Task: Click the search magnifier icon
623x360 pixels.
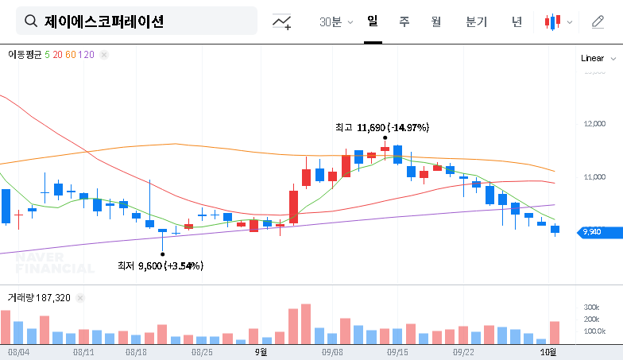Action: tap(31, 21)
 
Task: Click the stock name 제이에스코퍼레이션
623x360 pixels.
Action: tap(104, 21)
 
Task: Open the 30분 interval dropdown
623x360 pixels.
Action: tap(336, 22)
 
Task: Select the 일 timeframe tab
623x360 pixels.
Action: tap(373, 21)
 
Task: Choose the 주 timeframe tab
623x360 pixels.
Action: tap(404, 21)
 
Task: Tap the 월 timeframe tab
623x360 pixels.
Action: tap(436, 21)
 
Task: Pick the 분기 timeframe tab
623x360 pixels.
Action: tap(477, 21)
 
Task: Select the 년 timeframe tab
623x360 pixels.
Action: tap(517, 21)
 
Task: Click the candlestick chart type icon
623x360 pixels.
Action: tap(553, 21)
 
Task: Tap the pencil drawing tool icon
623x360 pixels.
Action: tap(598, 21)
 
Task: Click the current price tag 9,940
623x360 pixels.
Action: tap(592, 232)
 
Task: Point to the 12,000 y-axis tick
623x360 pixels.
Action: tap(594, 124)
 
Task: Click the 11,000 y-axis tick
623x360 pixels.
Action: tap(594, 177)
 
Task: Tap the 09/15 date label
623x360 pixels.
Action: tap(397, 350)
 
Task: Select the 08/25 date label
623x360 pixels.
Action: tap(202, 350)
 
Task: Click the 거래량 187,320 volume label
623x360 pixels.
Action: tap(39, 298)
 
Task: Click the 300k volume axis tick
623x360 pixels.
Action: tap(591, 308)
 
